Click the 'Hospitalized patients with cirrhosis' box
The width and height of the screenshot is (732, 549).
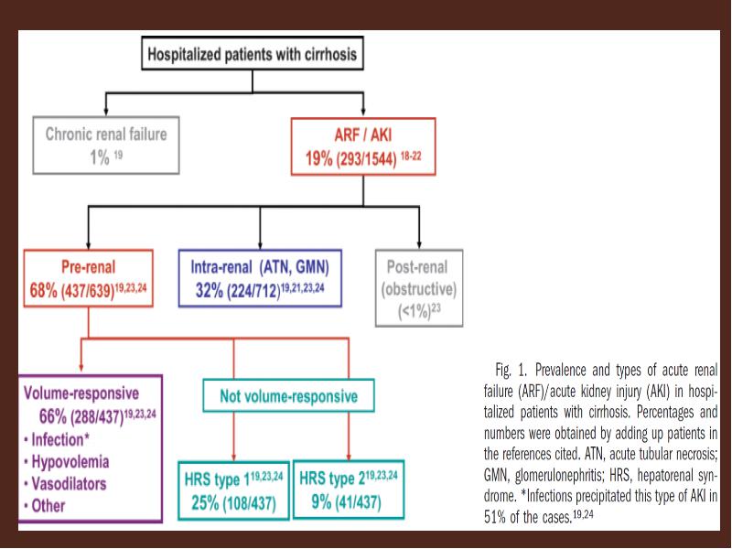(x=253, y=54)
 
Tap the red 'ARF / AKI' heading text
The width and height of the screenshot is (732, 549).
(x=363, y=135)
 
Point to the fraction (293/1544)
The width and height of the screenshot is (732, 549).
(x=366, y=159)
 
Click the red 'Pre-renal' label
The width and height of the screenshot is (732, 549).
(x=88, y=267)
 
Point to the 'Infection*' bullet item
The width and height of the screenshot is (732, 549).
(x=57, y=440)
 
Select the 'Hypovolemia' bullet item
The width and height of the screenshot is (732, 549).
(x=66, y=462)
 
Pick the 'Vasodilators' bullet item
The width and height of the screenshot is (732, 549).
(x=65, y=484)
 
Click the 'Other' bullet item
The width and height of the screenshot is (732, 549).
(x=44, y=506)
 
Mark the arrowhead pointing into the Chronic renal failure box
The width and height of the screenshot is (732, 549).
(x=106, y=112)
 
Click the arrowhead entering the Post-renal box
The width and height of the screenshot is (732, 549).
(x=419, y=244)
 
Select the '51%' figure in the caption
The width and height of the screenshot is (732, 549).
(x=494, y=517)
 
